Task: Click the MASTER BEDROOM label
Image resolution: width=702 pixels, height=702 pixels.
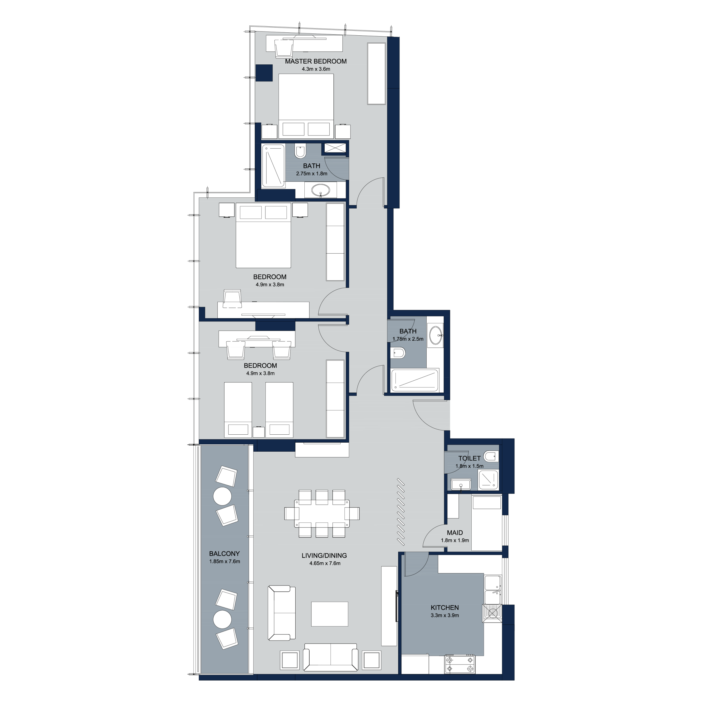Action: coord(316,61)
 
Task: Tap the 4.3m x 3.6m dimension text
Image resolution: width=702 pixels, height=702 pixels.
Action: coord(316,69)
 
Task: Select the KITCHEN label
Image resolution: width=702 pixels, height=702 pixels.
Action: coord(445,607)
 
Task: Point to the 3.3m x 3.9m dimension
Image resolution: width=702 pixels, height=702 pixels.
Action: coord(445,615)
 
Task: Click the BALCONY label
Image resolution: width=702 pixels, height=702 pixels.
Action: coord(224,554)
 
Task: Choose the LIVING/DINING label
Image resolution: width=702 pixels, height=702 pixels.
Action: coord(324,556)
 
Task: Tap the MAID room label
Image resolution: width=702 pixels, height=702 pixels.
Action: coord(455,533)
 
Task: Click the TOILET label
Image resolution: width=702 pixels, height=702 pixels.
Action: coord(469,458)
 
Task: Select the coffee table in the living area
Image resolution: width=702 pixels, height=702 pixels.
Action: coord(330,614)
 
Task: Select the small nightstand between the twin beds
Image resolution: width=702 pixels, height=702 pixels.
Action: coord(258,432)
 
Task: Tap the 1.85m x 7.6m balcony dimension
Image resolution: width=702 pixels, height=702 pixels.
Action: coord(225,561)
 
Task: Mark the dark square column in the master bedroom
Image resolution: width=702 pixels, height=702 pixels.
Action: coord(264,73)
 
